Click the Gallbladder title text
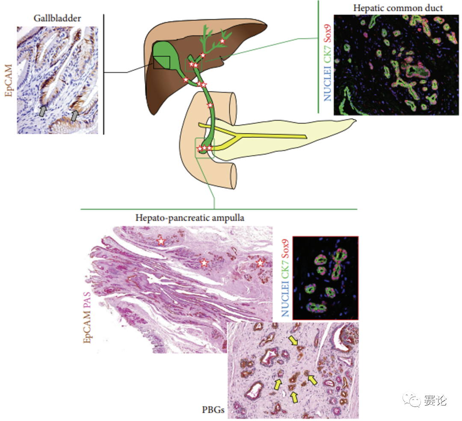coord(57,18)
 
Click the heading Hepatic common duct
coord(398,8)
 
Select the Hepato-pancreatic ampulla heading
coord(190,218)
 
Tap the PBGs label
coord(213,409)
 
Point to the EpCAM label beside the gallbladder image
coord(9,80)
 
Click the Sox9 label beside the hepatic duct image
coord(327,33)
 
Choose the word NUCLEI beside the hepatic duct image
coord(327,84)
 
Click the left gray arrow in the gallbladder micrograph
coord(43,111)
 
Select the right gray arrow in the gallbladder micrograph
coord(75,115)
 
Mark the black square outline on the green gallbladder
coord(161,62)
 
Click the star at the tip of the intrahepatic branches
coord(222,41)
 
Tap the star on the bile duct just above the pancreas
coord(210,105)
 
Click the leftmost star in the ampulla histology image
coord(161,241)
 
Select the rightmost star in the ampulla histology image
coord(260,262)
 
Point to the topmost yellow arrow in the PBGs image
coord(293,341)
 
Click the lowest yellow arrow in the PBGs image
coord(294,398)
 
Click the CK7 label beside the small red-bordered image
coord(285,269)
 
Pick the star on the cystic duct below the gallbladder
coord(186,80)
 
